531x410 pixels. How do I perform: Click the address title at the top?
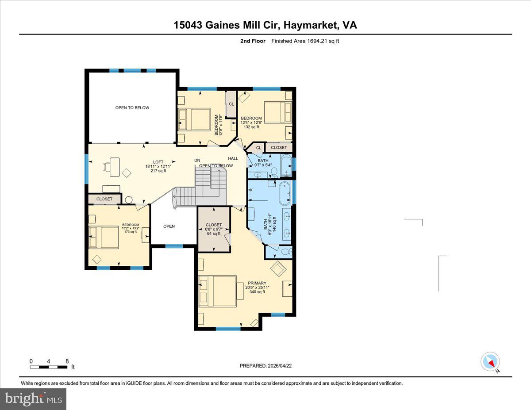point(265,25)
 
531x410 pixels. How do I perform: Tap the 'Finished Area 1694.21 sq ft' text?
point(305,41)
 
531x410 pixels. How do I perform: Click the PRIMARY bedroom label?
point(257,283)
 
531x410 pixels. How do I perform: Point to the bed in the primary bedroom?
point(217,291)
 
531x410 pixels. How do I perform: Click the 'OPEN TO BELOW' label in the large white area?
point(132,108)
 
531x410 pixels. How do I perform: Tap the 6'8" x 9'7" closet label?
point(214,229)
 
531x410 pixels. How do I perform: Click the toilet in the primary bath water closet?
point(286,252)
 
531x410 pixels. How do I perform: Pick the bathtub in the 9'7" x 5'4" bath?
point(287,165)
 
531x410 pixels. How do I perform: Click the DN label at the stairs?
point(197,160)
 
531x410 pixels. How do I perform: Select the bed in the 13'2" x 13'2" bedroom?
point(104,238)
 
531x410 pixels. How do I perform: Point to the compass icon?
point(490,362)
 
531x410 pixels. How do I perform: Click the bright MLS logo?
point(33,399)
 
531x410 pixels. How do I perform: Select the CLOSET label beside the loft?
point(104,199)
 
